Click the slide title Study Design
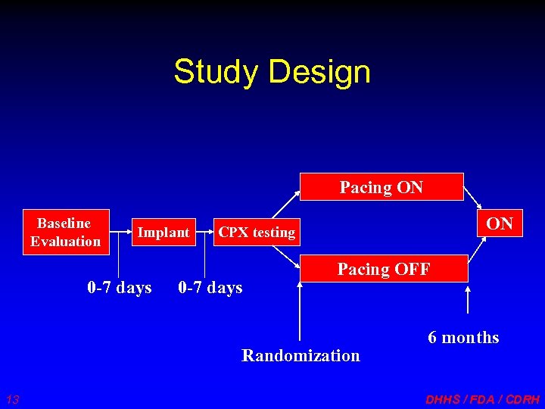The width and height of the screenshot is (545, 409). coord(272,72)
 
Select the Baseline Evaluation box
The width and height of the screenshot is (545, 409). coord(66,233)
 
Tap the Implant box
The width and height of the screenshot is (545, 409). coord(163,233)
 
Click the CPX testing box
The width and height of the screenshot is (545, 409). coord(257,233)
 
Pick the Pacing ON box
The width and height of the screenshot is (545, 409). coord(381,187)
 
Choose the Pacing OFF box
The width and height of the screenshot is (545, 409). coord(384,269)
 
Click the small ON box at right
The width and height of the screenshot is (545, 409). coord(500,224)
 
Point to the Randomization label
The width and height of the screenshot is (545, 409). coord(301,355)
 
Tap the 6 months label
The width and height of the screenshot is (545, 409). coord(463,338)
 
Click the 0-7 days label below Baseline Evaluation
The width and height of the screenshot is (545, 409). coord(120,288)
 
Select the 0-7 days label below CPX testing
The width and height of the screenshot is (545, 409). coord(210,288)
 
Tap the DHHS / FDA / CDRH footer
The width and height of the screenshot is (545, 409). coord(483,399)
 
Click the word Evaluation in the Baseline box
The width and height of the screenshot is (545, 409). coord(66,242)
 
